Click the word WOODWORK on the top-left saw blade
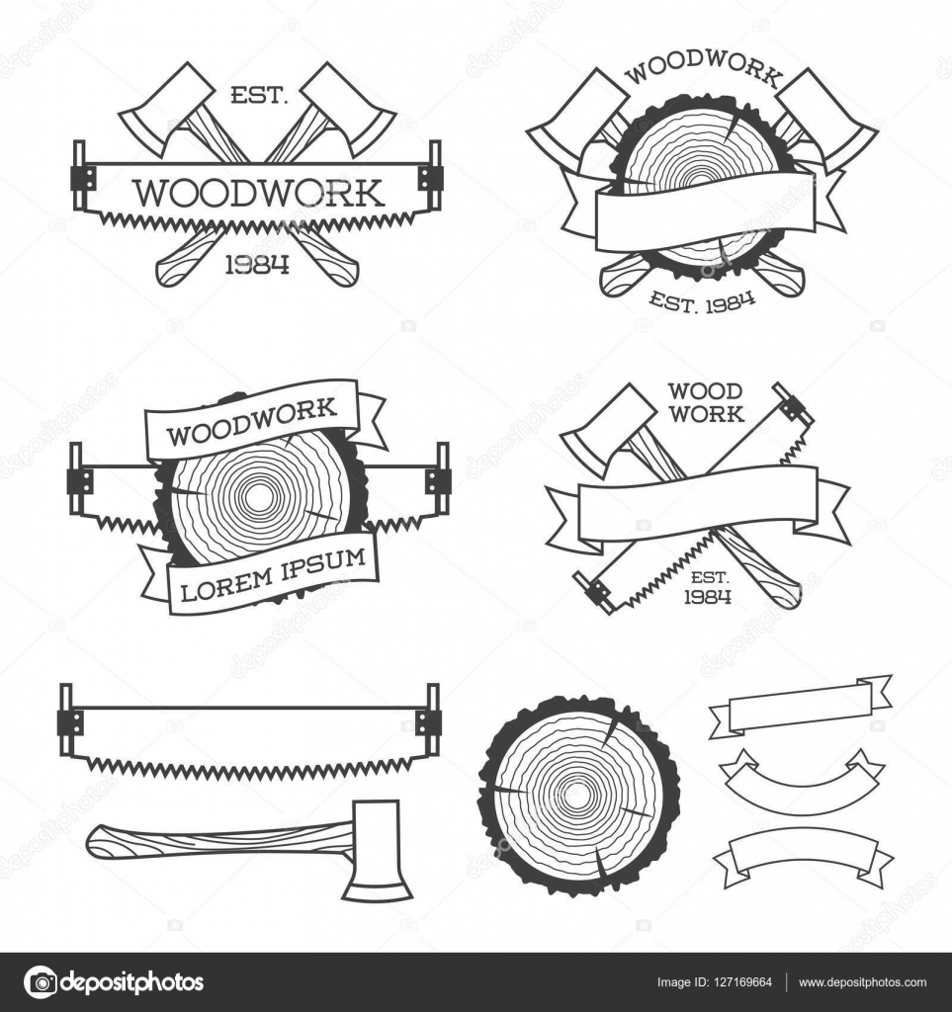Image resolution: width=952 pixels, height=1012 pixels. pyautogui.click(x=258, y=192)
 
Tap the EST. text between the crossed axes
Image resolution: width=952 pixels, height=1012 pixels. pyautogui.click(x=258, y=97)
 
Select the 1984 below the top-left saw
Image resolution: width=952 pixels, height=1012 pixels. pyautogui.click(x=257, y=264)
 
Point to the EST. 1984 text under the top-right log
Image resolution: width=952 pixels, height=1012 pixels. pyautogui.click(x=701, y=295)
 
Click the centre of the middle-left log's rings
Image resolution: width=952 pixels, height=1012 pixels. pyautogui.click(x=257, y=499)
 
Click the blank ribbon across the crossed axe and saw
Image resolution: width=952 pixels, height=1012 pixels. pyautogui.click(x=698, y=502)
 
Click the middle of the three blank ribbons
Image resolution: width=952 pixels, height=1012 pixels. pyautogui.click(x=801, y=782)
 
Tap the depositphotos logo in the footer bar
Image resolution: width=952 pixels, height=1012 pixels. pyautogui.click(x=114, y=982)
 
